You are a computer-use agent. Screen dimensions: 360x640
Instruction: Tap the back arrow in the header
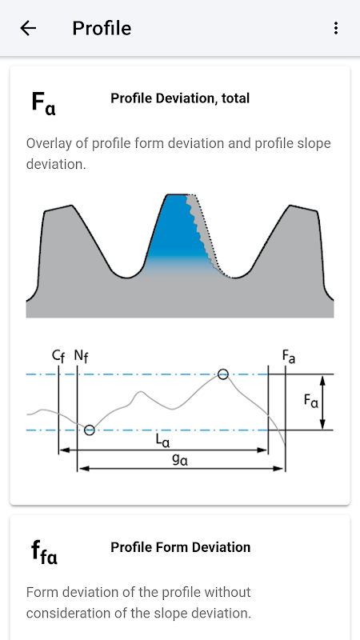coord(28,28)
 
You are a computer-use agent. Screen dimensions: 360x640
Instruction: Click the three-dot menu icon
coord(335,28)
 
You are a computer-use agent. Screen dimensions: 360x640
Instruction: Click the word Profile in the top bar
coord(102,29)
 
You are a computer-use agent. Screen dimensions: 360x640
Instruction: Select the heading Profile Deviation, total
coord(180,98)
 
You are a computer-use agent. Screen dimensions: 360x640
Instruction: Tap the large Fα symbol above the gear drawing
coord(43,103)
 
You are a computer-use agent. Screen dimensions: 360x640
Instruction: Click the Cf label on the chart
coord(58,356)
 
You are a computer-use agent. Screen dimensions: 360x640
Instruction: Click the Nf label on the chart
coord(82,356)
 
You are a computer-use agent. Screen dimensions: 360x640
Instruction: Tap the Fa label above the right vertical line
coord(289,356)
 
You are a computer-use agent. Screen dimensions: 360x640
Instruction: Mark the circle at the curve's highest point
coord(223,374)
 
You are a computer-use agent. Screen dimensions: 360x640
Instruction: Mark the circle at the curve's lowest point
coord(90,430)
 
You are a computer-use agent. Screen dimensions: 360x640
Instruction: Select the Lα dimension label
coord(162,441)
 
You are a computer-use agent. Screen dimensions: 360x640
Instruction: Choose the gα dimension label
coord(180,460)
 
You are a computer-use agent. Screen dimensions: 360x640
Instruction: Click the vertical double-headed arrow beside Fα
coord(322,402)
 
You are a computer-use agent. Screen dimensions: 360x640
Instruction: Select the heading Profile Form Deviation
coord(181,547)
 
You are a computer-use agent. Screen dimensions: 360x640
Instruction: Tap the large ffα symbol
coord(44,552)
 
